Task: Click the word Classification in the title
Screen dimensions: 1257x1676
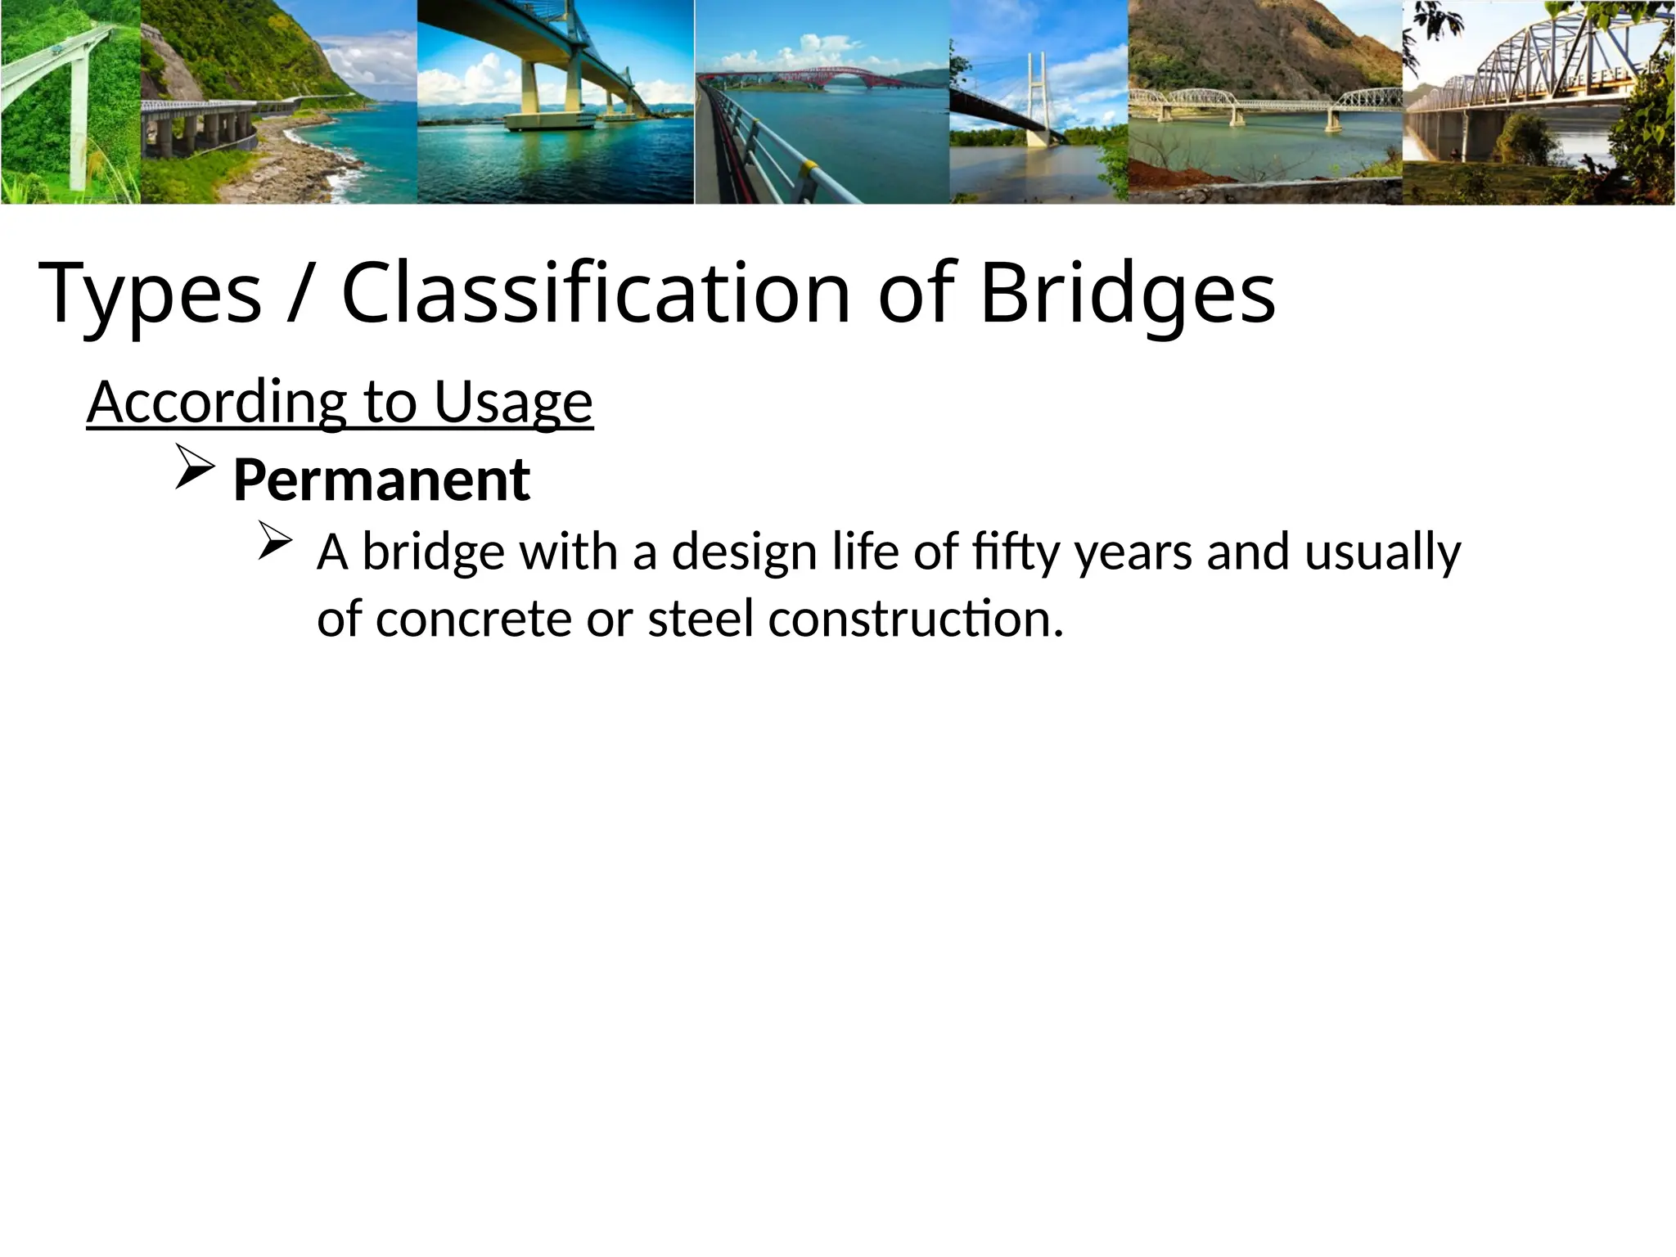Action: [596, 292]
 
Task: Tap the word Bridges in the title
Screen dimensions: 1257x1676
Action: [1127, 294]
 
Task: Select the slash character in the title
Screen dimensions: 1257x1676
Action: [300, 292]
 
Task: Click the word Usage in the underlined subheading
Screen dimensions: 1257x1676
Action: [513, 403]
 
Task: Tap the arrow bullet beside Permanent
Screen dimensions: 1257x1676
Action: [195, 475]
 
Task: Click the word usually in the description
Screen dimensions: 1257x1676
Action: [1382, 552]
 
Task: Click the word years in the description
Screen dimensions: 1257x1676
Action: [1133, 552]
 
